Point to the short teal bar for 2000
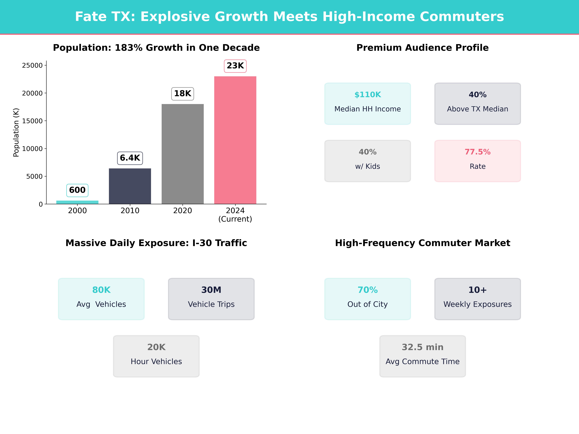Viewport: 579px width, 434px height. pos(77,202)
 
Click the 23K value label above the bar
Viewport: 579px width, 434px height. pos(235,66)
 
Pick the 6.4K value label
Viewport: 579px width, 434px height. pos(130,158)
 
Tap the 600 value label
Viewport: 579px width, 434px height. pos(77,190)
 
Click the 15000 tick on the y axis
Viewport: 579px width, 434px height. pos(32,121)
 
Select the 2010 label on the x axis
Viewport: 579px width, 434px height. pos(130,211)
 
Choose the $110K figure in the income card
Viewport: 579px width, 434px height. pos(368,95)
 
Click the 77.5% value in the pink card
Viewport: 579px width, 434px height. pos(477,152)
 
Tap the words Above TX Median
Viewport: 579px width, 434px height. pos(477,109)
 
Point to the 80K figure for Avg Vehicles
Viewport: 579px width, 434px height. pos(101,290)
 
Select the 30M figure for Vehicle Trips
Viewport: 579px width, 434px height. pos(211,290)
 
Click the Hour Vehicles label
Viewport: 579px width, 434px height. pos(156,362)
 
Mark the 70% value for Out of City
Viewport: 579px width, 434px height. pos(368,290)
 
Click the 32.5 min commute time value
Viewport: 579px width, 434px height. pos(422,347)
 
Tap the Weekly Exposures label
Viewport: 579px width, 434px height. pos(477,304)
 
